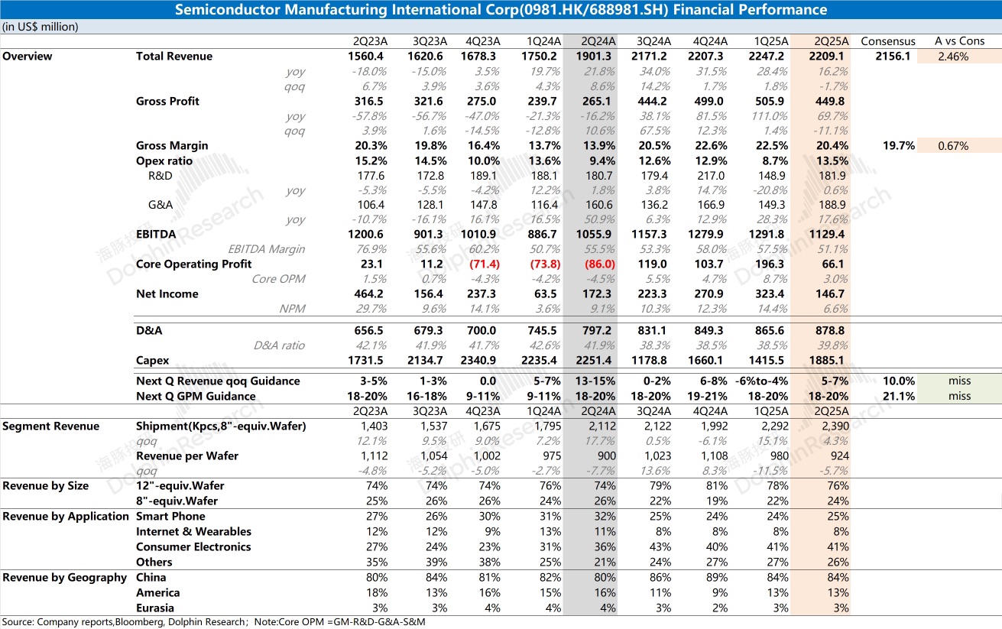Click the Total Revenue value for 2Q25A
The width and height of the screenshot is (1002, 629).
[x=826, y=57]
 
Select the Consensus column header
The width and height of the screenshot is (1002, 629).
[x=888, y=41]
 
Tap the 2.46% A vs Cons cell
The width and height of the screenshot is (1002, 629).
[x=953, y=57]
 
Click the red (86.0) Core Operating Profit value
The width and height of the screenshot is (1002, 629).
[x=600, y=264]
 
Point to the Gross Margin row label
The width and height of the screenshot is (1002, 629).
[x=172, y=146]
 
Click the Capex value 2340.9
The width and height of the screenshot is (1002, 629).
[x=478, y=361]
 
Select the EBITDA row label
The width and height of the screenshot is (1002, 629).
[x=156, y=235]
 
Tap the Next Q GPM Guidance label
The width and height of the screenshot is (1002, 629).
[x=196, y=397]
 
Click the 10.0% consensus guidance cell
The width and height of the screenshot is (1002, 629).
[x=899, y=381]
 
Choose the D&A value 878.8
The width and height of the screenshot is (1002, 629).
[x=830, y=331]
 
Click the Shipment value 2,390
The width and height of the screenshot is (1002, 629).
[x=835, y=426]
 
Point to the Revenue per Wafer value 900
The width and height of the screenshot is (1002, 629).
[x=607, y=456]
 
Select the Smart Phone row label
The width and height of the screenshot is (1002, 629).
[x=170, y=516]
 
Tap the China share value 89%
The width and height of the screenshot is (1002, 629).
[x=717, y=578]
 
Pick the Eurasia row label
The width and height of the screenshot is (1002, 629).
[x=155, y=608]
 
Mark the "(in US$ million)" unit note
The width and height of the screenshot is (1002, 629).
[x=41, y=27]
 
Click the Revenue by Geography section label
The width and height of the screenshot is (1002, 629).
[x=64, y=578]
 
